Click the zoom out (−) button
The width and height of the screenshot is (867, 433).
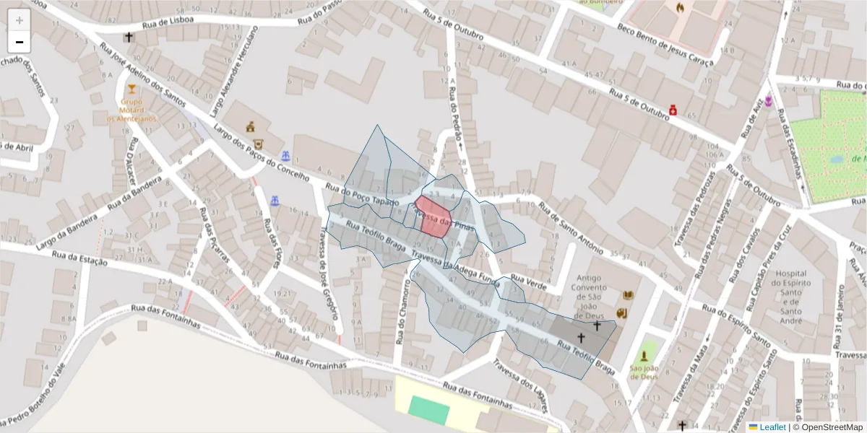(x=20, y=42)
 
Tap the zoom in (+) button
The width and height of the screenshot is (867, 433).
(x=20, y=20)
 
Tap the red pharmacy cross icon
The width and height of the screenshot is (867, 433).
(x=673, y=110)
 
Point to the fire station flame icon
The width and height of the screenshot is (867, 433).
(x=680, y=8)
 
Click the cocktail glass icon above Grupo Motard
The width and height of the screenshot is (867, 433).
(x=131, y=90)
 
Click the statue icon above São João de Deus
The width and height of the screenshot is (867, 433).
(x=644, y=357)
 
